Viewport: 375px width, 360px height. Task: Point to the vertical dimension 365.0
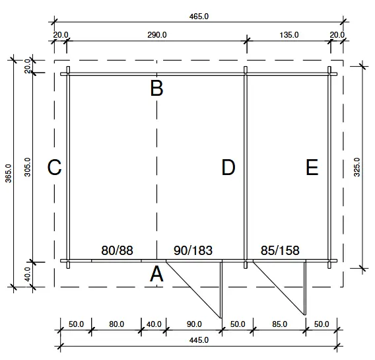[8, 174]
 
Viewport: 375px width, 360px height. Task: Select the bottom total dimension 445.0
[197, 340]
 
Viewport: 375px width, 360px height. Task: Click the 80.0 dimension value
[116, 324]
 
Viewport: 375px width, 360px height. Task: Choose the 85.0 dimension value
[279, 324]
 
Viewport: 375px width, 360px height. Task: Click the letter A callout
[156, 274]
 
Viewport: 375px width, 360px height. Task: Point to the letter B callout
[156, 89]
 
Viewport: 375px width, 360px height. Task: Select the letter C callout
[55, 168]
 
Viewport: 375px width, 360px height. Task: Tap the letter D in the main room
[228, 168]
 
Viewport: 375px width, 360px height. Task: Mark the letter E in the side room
[312, 168]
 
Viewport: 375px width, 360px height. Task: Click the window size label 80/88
[118, 250]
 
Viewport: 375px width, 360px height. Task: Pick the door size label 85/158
[280, 250]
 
